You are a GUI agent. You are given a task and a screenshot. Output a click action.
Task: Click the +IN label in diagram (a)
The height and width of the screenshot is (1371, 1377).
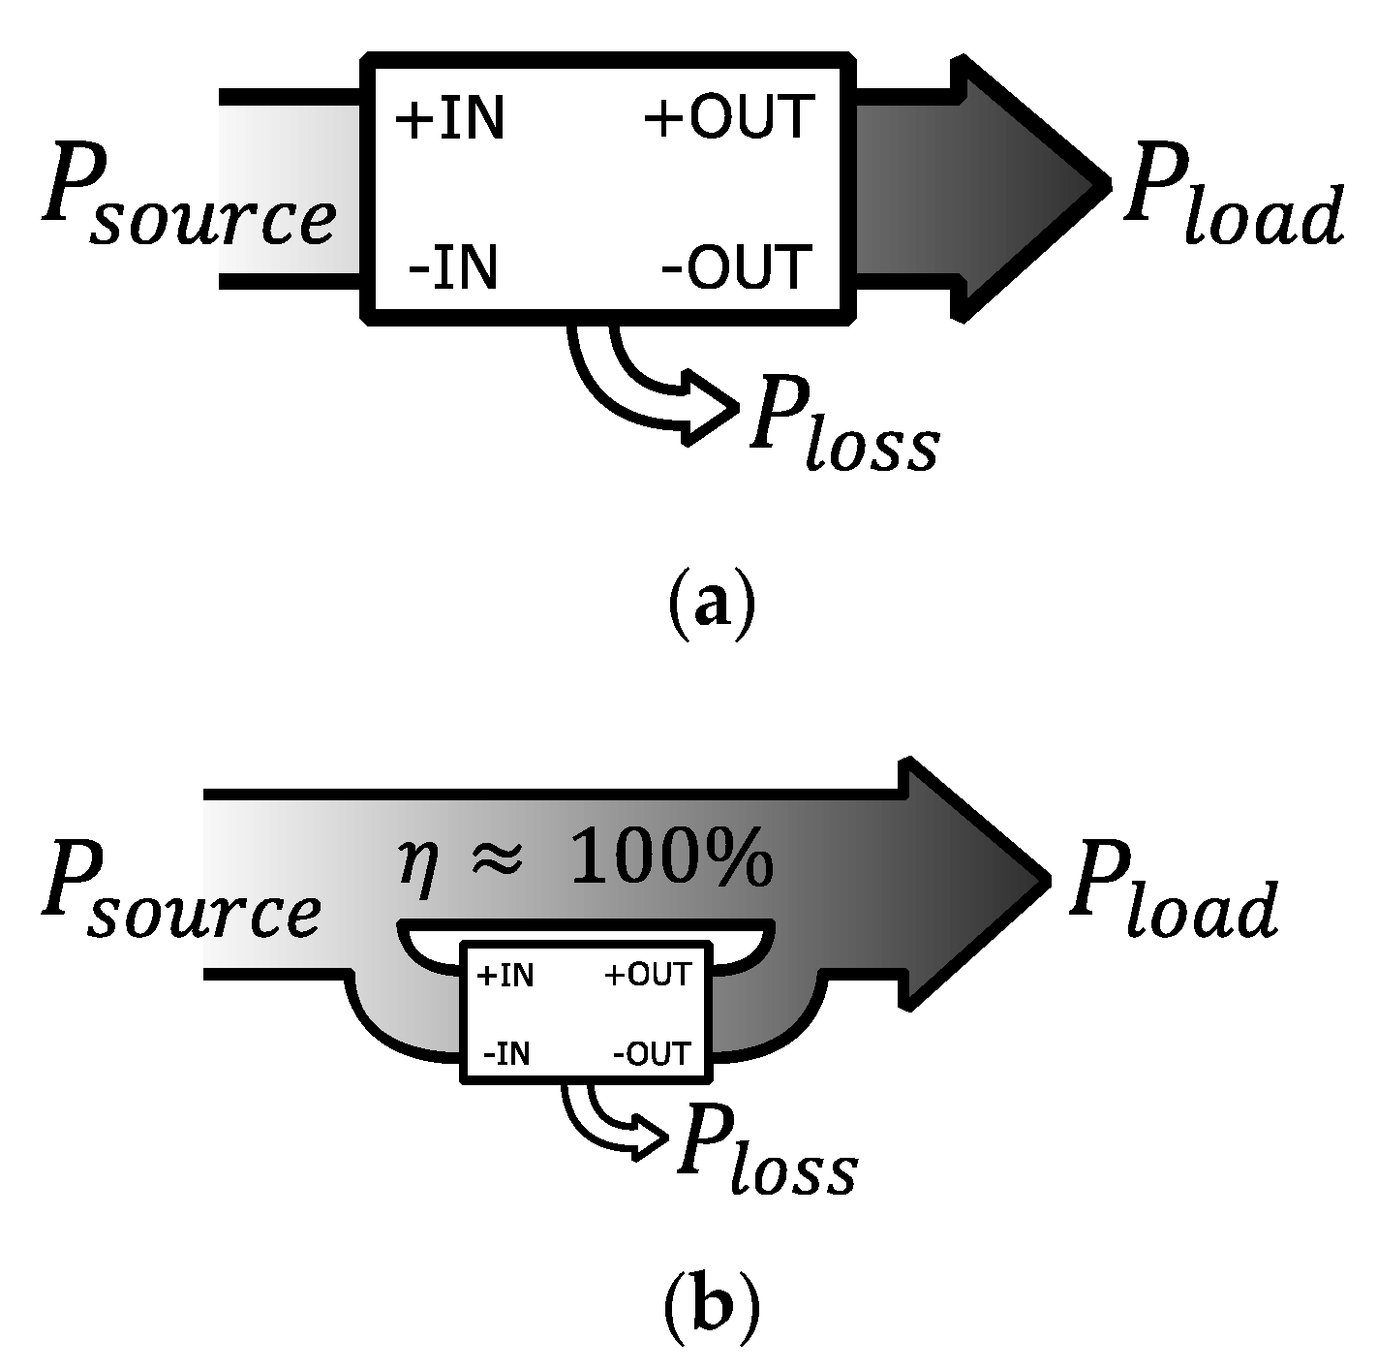449,119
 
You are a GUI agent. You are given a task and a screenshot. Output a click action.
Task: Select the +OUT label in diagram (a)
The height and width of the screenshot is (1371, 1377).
728,117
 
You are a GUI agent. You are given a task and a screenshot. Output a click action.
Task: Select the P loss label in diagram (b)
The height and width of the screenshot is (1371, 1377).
765,1148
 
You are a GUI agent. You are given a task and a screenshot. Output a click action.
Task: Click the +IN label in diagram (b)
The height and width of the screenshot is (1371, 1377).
505,975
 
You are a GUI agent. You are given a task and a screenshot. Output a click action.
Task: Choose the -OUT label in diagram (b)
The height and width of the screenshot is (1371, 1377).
652,1053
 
